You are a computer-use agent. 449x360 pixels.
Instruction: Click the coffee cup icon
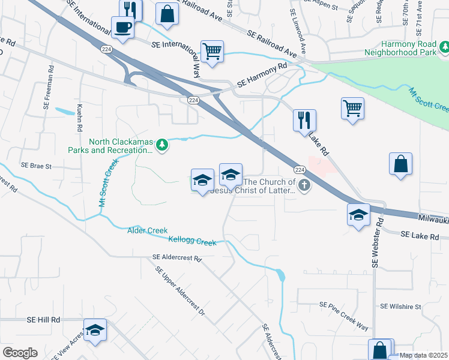[123, 28]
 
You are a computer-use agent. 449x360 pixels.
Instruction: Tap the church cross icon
[304, 185]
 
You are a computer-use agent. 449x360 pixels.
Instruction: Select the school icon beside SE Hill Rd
[95, 330]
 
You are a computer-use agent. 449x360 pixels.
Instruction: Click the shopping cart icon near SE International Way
[212, 51]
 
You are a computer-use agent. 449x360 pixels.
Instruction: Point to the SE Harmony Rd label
[262, 75]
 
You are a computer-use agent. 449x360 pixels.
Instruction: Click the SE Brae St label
[37, 165]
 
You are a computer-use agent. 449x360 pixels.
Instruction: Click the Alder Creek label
[147, 230]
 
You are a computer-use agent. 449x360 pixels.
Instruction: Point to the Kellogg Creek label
[192, 242]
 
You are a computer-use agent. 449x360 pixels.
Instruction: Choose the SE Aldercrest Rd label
[177, 258]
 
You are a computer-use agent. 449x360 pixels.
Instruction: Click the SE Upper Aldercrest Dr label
[180, 292]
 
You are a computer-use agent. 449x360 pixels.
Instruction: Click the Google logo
[20, 353]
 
